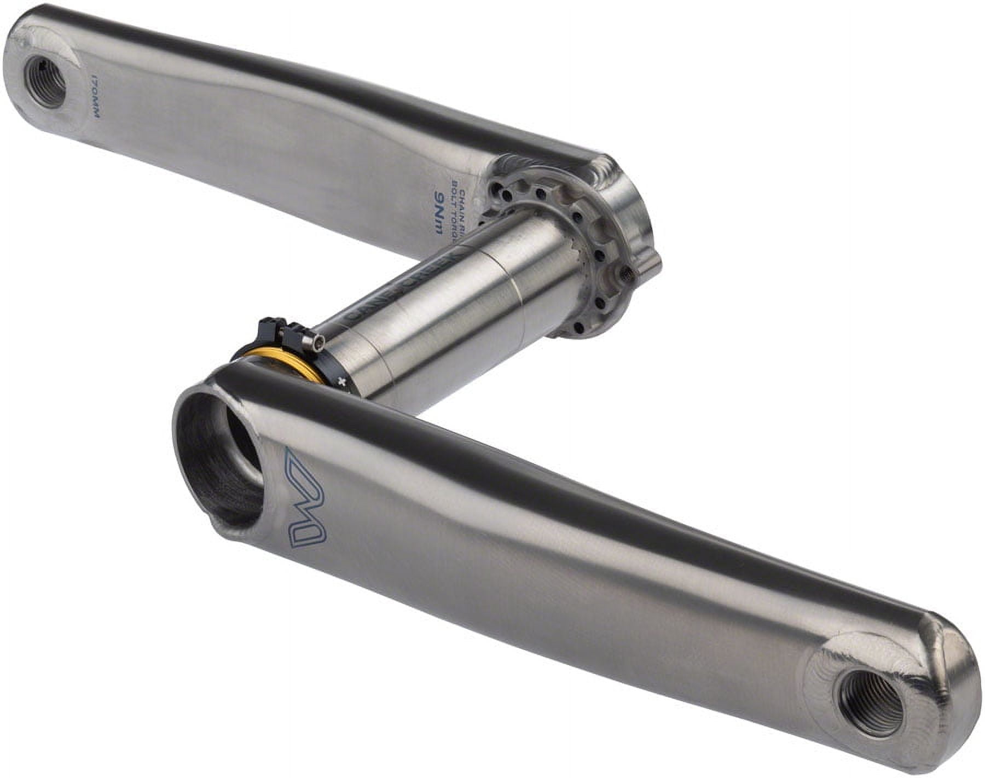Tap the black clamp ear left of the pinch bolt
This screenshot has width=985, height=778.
(268, 328)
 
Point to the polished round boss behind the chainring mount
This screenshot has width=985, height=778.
(635, 208)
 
